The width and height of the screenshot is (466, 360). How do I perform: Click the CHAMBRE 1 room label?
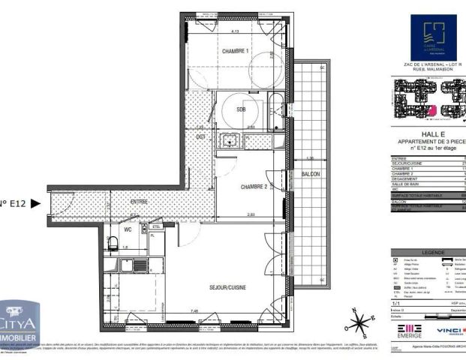click(x=235, y=50)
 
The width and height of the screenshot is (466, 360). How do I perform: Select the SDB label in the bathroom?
click(x=241, y=109)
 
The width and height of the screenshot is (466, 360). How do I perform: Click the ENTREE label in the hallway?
click(x=139, y=202)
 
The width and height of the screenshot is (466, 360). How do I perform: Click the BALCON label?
click(x=311, y=174)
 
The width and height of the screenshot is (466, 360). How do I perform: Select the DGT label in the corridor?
click(x=201, y=137)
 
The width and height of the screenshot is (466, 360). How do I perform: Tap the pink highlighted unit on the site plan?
click(x=431, y=111)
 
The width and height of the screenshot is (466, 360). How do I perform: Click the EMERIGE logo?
click(x=410, y=331)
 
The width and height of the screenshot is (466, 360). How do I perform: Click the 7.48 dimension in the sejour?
click(x=194, y=311)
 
